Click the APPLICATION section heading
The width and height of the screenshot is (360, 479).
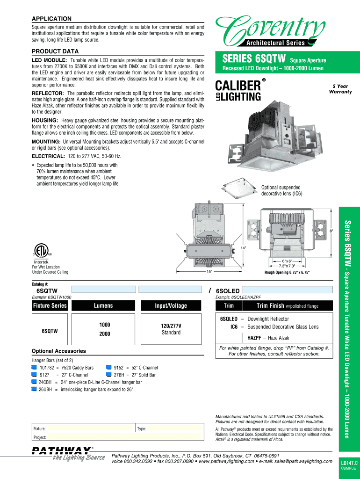pyautogui.click(x=51, y=19)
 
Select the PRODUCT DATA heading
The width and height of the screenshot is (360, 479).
pyautogui.click(x=55, y=51)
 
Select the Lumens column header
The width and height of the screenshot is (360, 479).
pyautogui.click(x=103, y=306)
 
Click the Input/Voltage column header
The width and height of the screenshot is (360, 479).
pyautogui.click(x=171, y=306)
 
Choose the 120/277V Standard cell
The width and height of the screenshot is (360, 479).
pyautogui.click(x=171, y=329)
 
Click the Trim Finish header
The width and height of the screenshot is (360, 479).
pyautogui.click(x=287, y=306)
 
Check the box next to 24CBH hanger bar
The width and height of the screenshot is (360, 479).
pyautogui.click(x=34, y=382)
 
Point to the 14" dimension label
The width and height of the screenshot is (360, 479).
pyautogui.click(x=244, y=247)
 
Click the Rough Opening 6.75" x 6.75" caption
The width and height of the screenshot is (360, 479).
pyautogui.click(x=287, y=272)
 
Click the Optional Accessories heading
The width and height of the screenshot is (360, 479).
pyautogui.click(x=58, y=351)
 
